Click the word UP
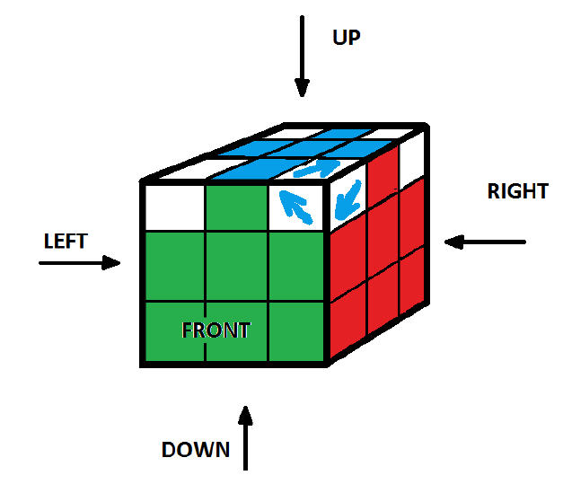pyautogui.click(x=347, y=38)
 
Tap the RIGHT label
pyautogui.click(x=517, y=191)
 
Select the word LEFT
pyautogui.click(x=66, y=241)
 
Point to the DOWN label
pyautogui.click(x=195, y=449)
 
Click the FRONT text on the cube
pyautogui.click(x=216, y=330)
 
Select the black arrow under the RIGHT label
pyautogui.click(x=485, y=242)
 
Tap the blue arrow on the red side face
pyautogui.click(x=347, y=198)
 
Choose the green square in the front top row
pyautogui.click(x=238, y=206)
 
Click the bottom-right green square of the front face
pyautogui.click(x=296, y=331)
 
